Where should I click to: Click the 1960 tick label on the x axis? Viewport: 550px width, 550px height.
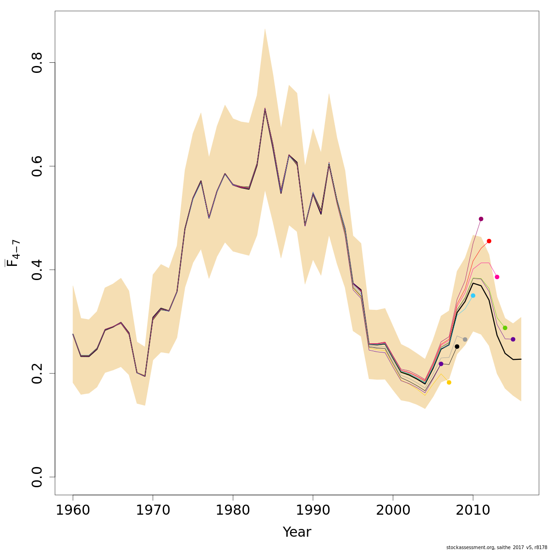(x=73, y=510)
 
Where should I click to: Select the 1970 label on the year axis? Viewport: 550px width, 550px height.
(x=153, y=510)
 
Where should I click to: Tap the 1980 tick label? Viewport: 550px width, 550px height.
(x=233, y=510)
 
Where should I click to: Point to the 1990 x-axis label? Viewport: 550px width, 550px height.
(x=313, y=510)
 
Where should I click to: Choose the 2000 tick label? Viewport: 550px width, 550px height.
(x=393, y=510)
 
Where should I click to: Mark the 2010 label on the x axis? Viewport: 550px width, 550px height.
(x=473, y=510)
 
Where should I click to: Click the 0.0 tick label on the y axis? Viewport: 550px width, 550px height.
(x=37, y=477)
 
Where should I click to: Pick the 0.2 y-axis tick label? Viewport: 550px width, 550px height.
(x=37, y=373)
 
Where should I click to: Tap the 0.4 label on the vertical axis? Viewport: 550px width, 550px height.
(x=37, y=269)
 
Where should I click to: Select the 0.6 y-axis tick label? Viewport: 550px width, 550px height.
(x=37, y=166)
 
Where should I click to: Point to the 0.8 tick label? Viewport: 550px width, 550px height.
(x=37, y=62)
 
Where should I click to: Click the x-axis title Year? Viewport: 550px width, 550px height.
(x=297, y=532)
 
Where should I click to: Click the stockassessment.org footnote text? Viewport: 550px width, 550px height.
(x=496, y=547)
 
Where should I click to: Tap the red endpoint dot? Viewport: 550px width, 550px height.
(x=489, y=241)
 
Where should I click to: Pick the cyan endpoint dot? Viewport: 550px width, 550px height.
(x=473, y=296)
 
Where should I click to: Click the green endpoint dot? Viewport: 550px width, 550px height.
(x=505, y=328)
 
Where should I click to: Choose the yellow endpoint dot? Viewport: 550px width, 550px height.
(x=449, y=382)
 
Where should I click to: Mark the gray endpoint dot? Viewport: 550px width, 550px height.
(x=465, y=340)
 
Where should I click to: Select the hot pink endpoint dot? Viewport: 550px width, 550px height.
(x=497, y=277)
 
